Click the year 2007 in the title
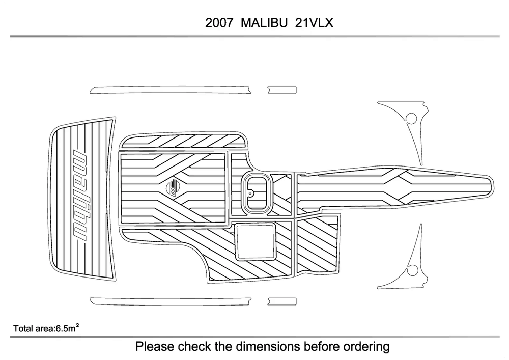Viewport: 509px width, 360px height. (220, 23)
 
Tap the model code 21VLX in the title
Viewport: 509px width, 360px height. (314, 23)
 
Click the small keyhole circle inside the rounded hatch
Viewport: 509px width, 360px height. (250, 193)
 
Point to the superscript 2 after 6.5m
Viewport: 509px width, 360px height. (77, 326)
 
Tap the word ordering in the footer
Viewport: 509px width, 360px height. (366, 347)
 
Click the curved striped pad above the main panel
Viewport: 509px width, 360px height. (184, 141)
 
